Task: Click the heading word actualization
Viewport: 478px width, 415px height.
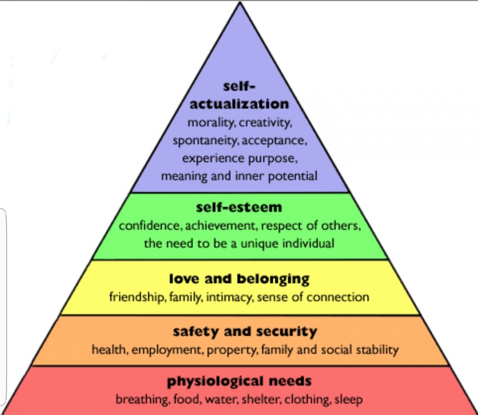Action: [x=239, y=104]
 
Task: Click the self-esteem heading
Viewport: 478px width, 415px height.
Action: [x=239, y=207]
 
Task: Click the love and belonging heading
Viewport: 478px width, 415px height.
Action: [x=239, y=279]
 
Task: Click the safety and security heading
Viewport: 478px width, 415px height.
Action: [x=245, y=332]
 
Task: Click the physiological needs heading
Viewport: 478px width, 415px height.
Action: [x=239, y=381]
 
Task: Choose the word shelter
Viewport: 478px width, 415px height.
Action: [x=261, y=399]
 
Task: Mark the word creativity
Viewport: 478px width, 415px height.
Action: [x=265, y=122]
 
